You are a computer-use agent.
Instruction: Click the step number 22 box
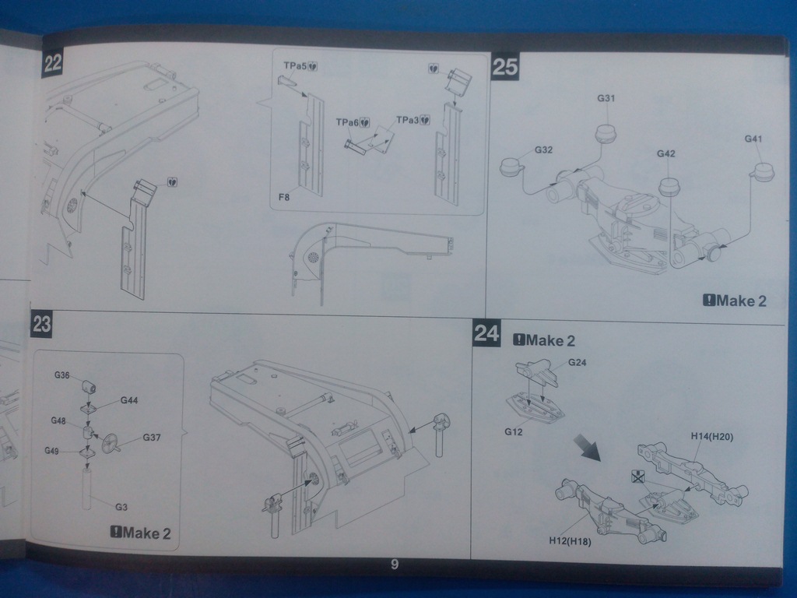52,64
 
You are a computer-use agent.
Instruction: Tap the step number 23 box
41,324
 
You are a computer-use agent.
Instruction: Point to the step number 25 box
504,67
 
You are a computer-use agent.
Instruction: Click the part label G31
606,99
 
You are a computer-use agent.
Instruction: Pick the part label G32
543,149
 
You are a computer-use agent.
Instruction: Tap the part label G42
665,153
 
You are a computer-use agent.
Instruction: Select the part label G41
753,139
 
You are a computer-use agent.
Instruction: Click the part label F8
285,198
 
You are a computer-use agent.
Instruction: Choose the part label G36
62,375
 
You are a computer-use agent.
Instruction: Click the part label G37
151,437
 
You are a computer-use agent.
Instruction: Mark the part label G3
121,507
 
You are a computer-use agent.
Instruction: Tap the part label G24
577,362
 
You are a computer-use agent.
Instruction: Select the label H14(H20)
711,436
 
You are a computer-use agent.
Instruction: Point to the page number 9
395,565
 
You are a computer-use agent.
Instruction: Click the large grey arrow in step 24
588,448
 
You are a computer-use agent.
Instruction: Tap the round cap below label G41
763,172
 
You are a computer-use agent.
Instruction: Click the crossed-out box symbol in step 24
639,477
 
